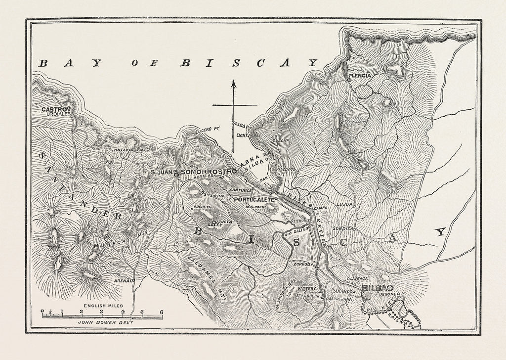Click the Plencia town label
click(359, 76)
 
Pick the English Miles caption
click(103, 306)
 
